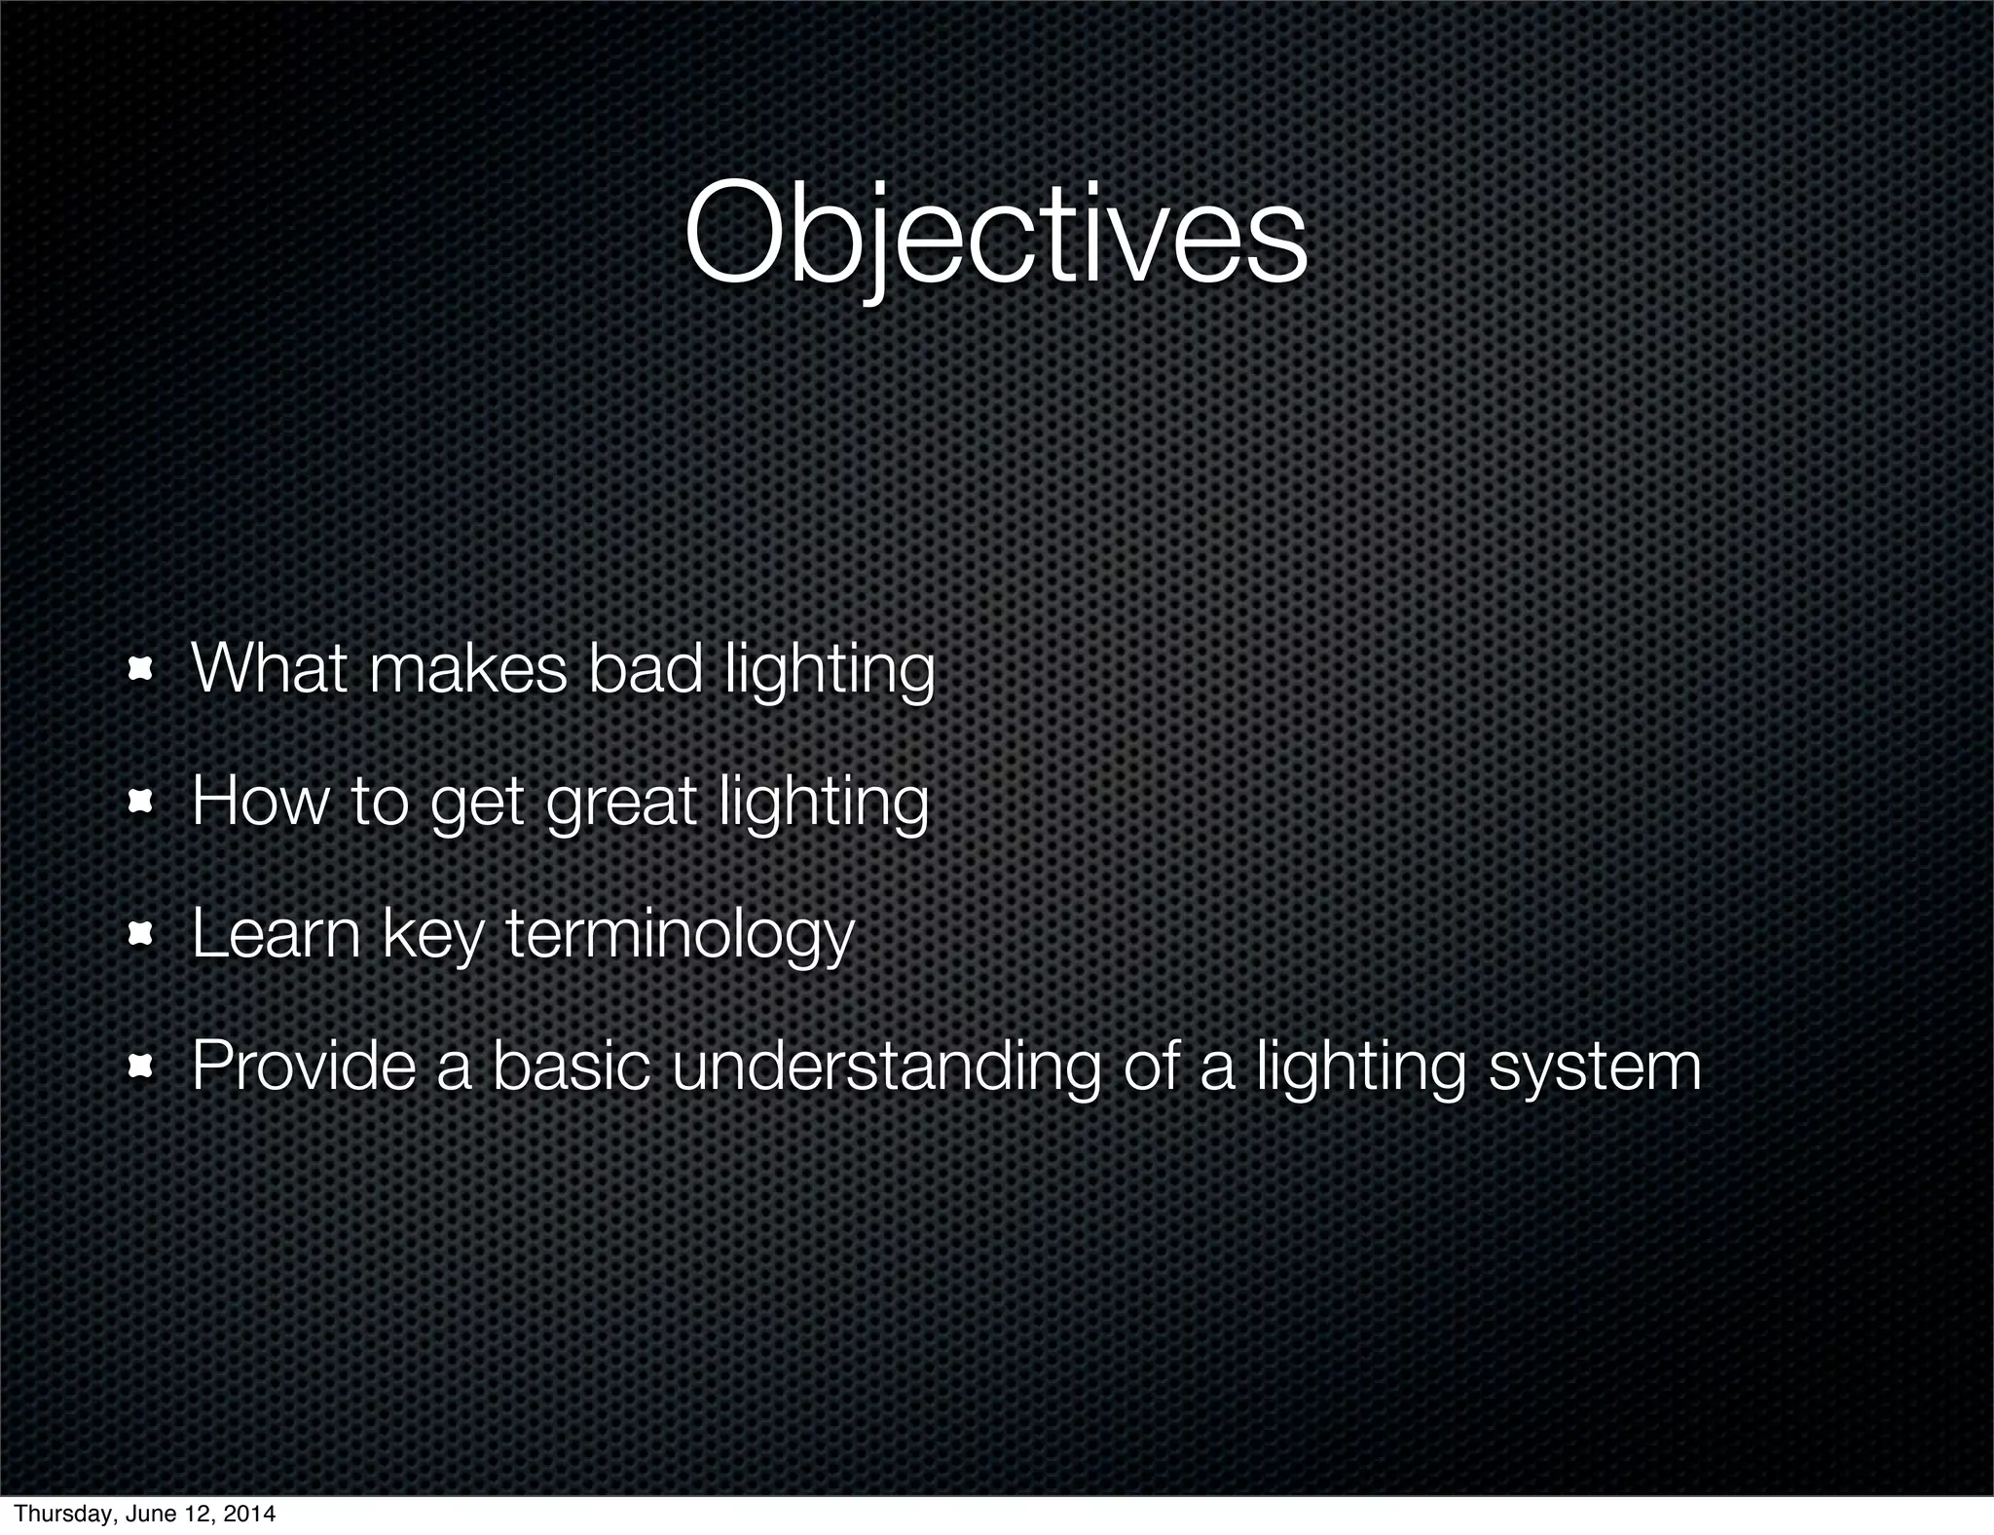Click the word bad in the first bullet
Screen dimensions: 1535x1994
click(645, 669)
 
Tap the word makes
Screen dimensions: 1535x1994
click(467, 669)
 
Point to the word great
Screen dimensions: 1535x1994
click(621, 802)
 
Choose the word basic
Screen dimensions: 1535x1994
click(571, 1066)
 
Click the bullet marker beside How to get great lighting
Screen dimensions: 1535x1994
click(141, 802)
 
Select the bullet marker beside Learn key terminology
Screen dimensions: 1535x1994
click(141, 934)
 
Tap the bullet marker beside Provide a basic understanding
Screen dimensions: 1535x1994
click(141, 1067)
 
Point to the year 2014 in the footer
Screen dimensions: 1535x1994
click(250, 1514)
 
